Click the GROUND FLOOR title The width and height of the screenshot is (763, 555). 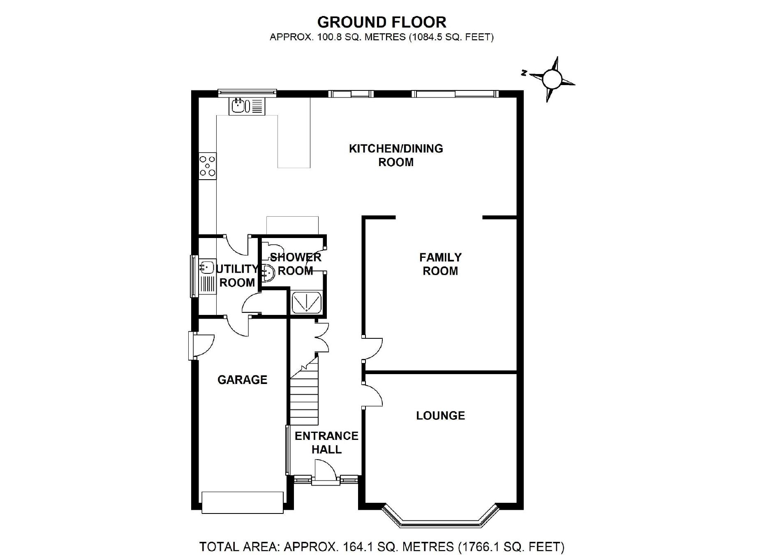coord(381,22)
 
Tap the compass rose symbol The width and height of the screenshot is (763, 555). coord(552,79)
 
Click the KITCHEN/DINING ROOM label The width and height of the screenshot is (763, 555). coord(396,155)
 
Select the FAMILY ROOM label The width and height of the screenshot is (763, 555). coord(440,264)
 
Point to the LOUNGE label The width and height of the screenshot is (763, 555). coord(440,416)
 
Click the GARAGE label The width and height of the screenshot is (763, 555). coord(242,379)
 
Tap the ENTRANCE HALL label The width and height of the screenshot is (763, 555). coord(326,442)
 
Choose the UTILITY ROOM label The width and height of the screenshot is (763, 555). coord(237,276)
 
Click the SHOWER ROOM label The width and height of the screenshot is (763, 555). coord(296,264)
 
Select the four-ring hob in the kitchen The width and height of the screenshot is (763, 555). coord(208,166)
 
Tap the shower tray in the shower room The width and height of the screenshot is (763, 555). coord(307,303)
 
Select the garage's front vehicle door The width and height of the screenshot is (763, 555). coord(242,502)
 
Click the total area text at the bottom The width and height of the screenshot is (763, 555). coord(381,547)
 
